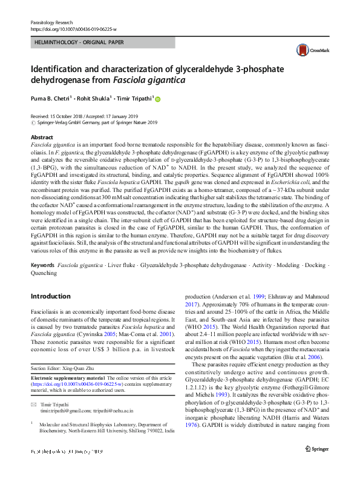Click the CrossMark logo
coord(306,50)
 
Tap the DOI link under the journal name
coord(73,29)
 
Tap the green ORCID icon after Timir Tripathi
coord(159,99)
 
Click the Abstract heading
coord(42,137)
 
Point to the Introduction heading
coord(50,296)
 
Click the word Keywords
coord(43,266)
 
